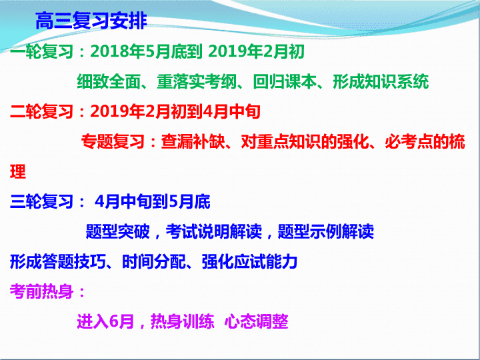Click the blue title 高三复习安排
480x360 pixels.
[91, 21]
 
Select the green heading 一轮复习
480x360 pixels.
[41, 51]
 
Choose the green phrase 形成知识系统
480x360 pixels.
[381, 81]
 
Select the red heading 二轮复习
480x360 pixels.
[41, 111]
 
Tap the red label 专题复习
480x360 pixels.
[113, 141]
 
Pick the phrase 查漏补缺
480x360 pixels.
[193, 141]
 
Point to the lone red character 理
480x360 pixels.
[18, 171]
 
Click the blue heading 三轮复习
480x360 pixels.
[41, 201]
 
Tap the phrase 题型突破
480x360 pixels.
[118, 231]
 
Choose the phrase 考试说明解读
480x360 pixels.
[214, 231]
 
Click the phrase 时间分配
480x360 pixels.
[154, 262]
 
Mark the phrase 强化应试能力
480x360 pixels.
[250, 262]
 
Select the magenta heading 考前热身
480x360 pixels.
[41, 291]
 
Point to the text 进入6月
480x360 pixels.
[105, 321]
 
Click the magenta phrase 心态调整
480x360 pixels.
[257, 321]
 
